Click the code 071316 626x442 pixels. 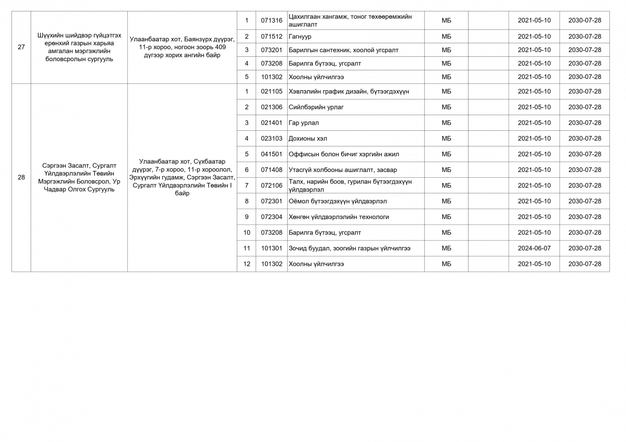point(271,20)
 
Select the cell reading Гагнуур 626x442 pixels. point(300,36)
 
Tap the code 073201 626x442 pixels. point(271,50)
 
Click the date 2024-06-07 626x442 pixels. point(534,248)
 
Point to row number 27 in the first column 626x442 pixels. point(21,47)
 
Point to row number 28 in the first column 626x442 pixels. point(21,177)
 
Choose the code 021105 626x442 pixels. point(271,91)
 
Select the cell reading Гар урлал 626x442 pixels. point(304,122)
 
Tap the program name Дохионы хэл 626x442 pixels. point(308,138)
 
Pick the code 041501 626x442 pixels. point(271,154)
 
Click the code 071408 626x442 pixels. point(271,169)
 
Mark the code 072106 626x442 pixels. point(271,185)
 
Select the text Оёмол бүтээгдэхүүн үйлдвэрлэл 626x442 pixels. point(338,201)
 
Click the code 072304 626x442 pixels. point(271,216)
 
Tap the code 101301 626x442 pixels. point(271,248)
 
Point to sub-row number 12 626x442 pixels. point(247,264)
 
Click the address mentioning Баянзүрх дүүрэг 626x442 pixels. point(182,47)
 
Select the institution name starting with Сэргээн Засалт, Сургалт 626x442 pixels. point(79,177)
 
